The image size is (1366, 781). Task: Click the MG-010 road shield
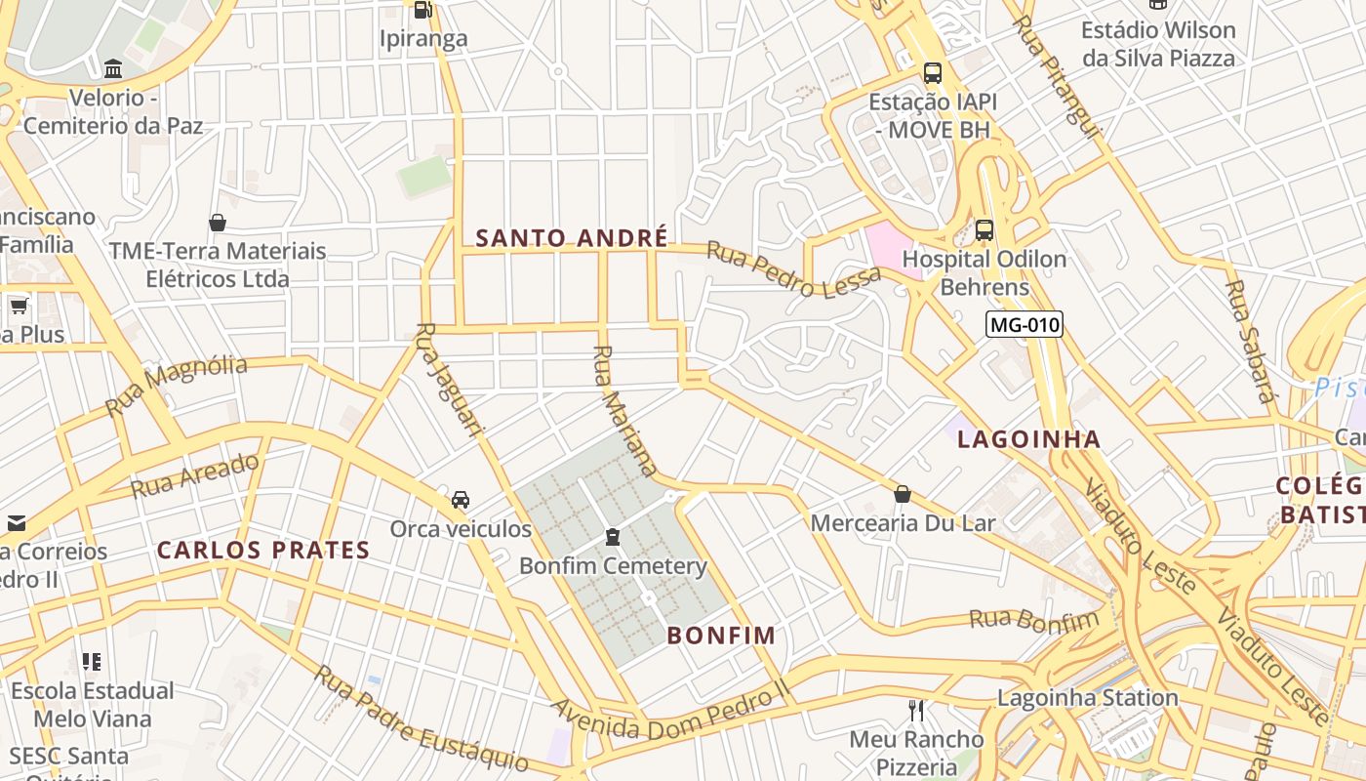[x=1024, y=325]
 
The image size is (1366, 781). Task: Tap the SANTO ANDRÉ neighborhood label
[x=572, y=238]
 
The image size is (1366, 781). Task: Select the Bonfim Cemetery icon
[x=613, y=537]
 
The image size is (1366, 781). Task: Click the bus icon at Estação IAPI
[x=933, y=73]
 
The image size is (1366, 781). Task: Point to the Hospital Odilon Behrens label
[x=984, y=273]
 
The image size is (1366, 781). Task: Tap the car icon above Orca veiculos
[x=461, y=500]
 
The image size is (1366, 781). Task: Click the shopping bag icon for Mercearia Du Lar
[x=903, y=494]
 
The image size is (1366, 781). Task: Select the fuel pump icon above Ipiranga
[x=422, y=10]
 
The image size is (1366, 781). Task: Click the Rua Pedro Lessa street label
[x=793, y=270]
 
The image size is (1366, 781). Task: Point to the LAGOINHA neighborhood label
[x=1029, y=440]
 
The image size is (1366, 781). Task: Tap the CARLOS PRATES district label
[x=263, y=551]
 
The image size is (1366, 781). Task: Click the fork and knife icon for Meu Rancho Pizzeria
[x=915, y=710]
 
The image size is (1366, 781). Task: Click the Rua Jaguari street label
[x=450, y=380]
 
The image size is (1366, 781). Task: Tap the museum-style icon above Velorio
[x=113, y=69]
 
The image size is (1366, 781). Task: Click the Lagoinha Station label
[x=1087, y=698]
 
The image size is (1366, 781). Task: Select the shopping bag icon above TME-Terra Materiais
[x=218, y=223]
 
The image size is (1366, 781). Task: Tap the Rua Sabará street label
[x=1250, y=342]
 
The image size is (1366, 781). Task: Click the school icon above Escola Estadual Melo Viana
[x=92, y=662]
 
